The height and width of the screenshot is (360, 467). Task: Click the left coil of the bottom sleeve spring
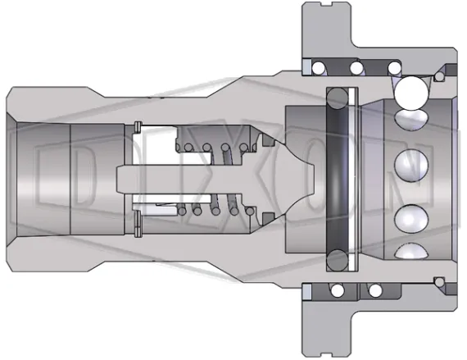coord(335,291)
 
